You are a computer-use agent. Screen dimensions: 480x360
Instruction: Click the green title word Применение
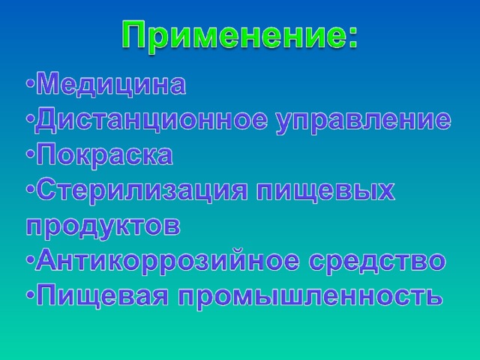[x=232, y=34]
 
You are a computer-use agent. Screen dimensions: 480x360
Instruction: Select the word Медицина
[x=111, y=84]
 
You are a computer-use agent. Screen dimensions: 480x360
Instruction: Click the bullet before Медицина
[x=30, y=82]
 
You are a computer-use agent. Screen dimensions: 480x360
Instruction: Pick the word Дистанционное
[x=150, y=119]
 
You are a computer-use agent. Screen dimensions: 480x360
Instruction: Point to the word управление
[x=363, y=122]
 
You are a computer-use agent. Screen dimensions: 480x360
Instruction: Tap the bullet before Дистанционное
[x=30, y=118]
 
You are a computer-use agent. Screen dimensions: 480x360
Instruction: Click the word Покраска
[x=104, y=154]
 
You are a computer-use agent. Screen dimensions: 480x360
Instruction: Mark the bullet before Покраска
[x=30, y=154]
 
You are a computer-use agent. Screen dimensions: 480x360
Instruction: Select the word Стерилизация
[x=141, y=191]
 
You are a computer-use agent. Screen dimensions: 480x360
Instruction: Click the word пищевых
[x=325, y=192]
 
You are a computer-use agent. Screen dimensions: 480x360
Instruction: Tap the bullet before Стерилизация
[x=30, y=189]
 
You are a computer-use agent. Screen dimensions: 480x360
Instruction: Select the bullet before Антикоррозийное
[x=30, y=260]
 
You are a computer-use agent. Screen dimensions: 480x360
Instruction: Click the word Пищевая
[x=103, y=296]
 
